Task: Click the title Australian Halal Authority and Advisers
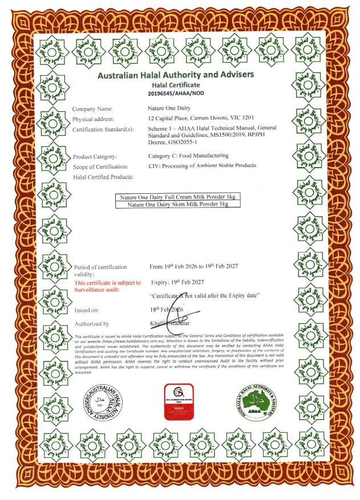176,75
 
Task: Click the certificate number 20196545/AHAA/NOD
176,93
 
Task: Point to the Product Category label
95,156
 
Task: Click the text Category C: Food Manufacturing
188,155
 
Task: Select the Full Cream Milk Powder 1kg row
178,197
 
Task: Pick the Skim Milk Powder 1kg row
178,204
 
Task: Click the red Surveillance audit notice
107,286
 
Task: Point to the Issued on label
87,310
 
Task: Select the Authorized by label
91,324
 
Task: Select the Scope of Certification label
100,166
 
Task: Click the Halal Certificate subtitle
176,84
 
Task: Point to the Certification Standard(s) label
103,129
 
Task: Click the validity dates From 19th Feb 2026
193,266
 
